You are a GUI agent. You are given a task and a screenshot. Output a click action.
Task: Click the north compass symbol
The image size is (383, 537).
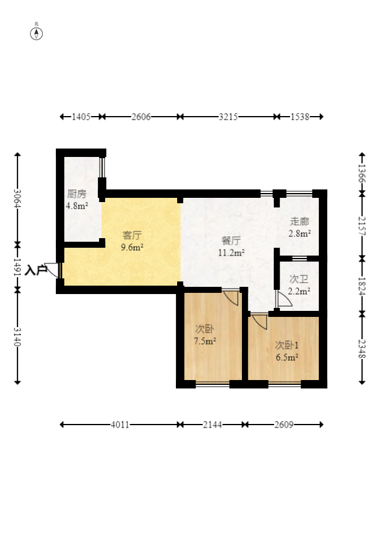point(36,33)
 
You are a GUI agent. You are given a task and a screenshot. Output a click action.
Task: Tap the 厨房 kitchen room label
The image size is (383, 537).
point(77,194)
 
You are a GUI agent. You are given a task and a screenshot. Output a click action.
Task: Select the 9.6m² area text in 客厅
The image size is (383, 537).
point(132,247)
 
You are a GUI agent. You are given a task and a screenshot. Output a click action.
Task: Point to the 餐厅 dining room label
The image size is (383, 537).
point(231,241)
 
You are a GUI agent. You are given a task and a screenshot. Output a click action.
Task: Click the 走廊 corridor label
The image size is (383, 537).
point(300,221)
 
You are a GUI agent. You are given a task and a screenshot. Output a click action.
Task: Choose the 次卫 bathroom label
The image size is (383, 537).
point(299,279)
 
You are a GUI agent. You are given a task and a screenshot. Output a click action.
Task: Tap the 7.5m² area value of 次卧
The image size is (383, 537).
point(205,341)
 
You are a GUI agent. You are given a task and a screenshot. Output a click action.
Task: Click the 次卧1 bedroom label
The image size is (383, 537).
point(287,345)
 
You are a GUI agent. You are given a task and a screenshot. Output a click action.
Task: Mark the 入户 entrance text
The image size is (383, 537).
point(35,271)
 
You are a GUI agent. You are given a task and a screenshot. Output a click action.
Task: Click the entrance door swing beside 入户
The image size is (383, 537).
point(53,270)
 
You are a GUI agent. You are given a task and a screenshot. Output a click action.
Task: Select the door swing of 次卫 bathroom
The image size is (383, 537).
point(284,299)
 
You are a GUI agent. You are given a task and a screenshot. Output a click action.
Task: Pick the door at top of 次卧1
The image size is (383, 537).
point(259,321)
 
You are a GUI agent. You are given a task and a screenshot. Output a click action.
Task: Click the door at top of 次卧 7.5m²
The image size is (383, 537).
point(231,297)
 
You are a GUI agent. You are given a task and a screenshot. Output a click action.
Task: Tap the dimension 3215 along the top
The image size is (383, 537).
point(229,117)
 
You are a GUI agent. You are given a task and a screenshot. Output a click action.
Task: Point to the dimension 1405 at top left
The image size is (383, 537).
point(81,117)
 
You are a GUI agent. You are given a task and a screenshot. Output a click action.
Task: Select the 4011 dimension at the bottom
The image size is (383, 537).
point(120,425)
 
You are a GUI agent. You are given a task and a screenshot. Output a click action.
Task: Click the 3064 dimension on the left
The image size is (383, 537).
point(17,198)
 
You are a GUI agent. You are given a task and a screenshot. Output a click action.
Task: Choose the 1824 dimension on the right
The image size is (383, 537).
point(362,286)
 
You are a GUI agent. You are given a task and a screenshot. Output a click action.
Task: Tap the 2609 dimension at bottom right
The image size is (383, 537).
point(284,425)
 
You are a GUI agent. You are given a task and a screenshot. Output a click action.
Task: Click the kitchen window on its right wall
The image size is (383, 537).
point(102,167)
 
